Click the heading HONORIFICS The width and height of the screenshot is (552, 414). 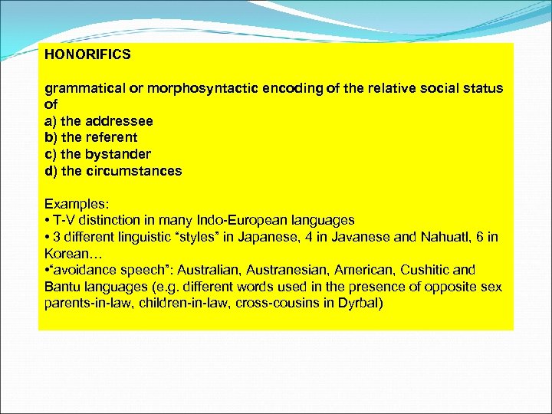coord(87,55)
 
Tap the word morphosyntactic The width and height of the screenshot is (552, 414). coord(195,88)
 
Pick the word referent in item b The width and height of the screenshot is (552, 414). coord(110,137)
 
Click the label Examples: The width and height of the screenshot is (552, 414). coord(77,204)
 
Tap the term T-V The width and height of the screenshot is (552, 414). coord(65,221)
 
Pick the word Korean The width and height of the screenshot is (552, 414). coord(67,253)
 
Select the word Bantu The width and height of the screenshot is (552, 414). coord(61,286)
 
